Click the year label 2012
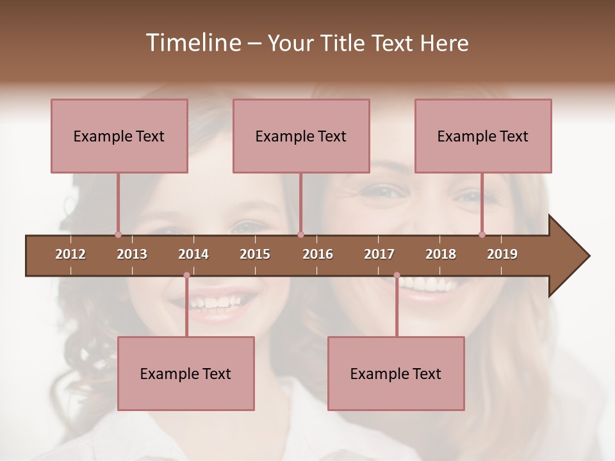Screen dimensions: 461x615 (70, 254)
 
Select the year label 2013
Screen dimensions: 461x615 (132, 254)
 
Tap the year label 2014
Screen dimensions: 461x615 (193, 254)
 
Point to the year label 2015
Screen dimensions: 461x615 (255, 254)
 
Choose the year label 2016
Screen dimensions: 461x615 (318, 254)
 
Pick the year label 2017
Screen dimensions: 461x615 (379, 254)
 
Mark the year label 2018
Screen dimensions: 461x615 (441, 254)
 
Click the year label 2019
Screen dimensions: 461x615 (502, 254)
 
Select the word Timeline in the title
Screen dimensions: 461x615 (192, 43)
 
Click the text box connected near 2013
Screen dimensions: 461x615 (119, 136)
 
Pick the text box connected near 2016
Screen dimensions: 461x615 (301, 136)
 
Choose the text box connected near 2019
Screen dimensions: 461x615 (483, 136)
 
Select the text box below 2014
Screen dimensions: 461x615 (186, 373)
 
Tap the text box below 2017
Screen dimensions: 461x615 (396, 373)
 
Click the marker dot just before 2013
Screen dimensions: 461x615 (118, 234)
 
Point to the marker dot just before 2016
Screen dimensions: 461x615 (300, 234)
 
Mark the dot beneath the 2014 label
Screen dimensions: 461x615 (186, 275)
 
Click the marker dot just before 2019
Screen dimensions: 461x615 (482, 234)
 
